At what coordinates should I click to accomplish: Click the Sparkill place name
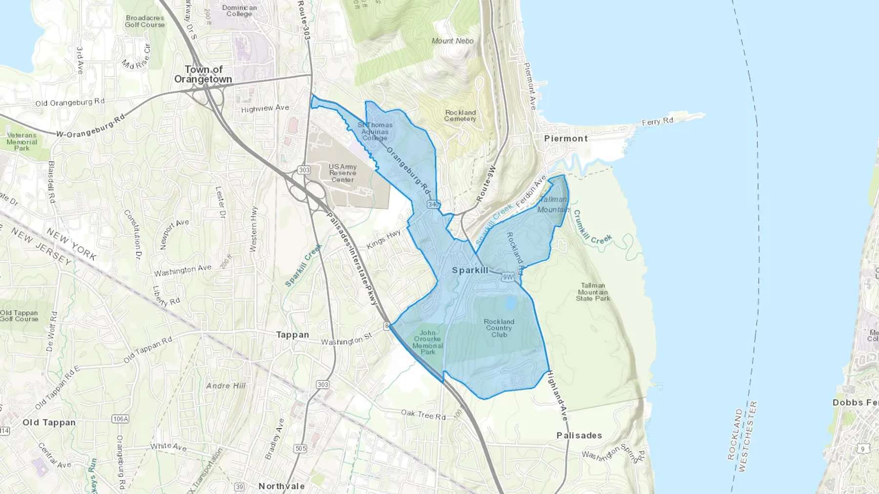pos(470,270)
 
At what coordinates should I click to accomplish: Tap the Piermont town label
pos(566,138)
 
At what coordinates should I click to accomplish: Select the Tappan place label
pos(293,335)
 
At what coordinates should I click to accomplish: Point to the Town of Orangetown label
pos(203,75)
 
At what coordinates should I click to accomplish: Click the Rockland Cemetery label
pos(460,116)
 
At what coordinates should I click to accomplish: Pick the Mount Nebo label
pos(453,41)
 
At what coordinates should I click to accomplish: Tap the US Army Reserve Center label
pos(342,173)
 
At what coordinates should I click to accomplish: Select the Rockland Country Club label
pos(499,328)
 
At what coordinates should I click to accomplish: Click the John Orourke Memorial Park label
pos(427,342)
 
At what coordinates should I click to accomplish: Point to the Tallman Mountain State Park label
pos(593,292)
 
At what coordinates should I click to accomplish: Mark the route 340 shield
pos(433,204)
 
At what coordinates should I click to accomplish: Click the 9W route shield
pos(508,277)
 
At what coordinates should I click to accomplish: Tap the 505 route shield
pos(301,449)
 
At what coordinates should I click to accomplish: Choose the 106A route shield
pos(120,419)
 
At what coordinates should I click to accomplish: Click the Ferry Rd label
pos(657,121)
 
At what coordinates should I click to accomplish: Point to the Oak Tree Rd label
pos(423,415)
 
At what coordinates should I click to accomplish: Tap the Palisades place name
pos(579,435)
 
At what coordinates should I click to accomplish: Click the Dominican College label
pos(239,11)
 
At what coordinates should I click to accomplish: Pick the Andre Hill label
pos(226,386)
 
